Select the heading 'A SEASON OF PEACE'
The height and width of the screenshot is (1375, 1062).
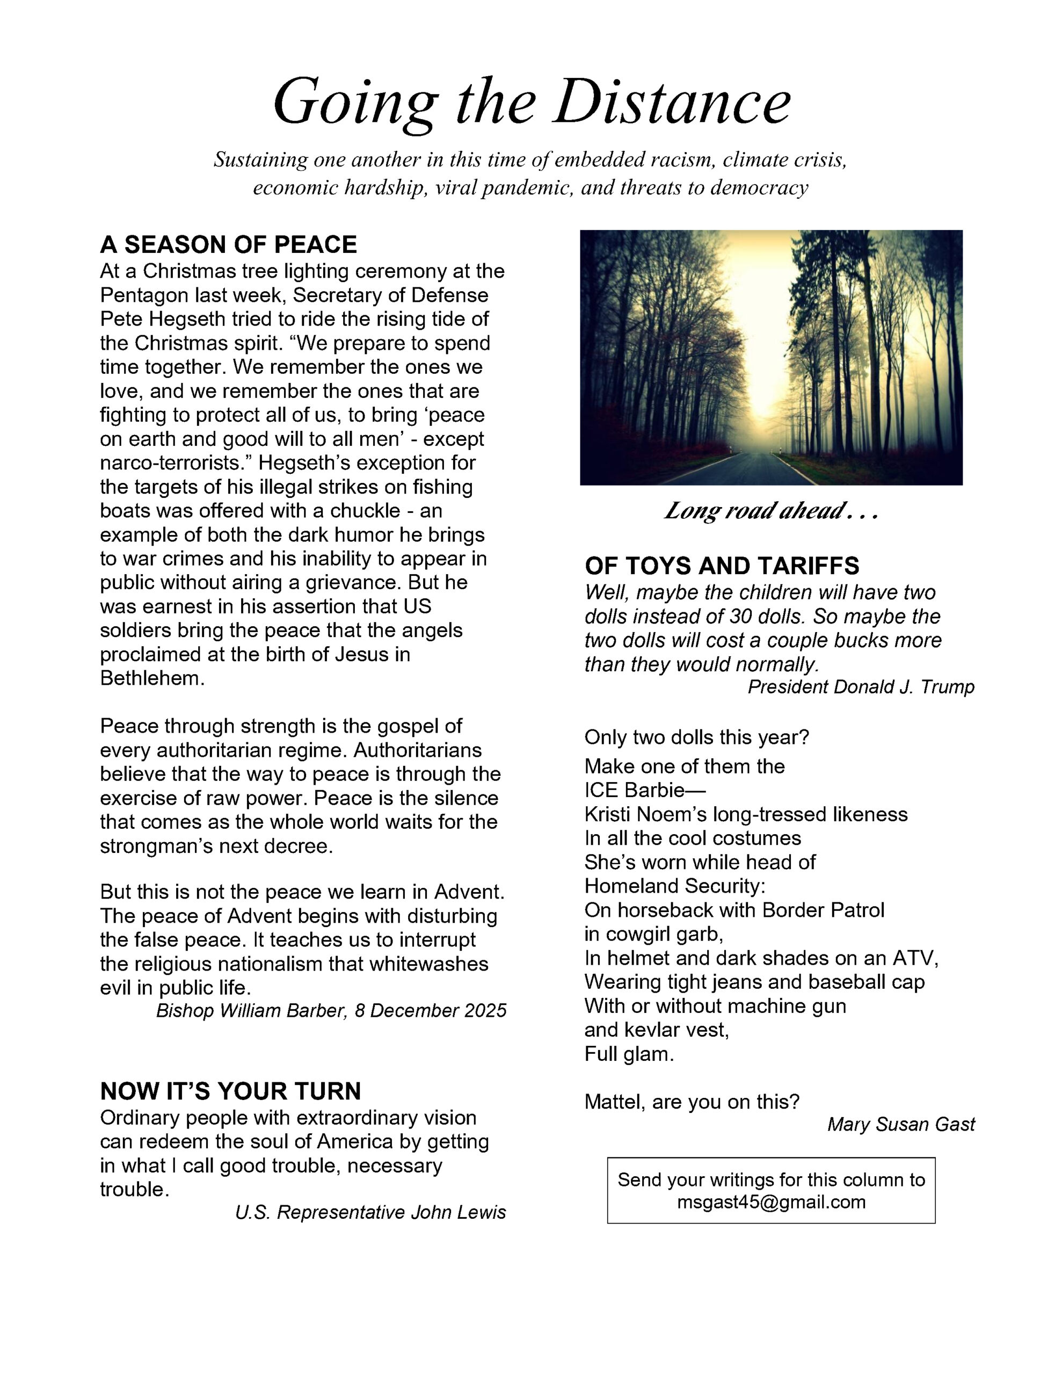pos(229,244)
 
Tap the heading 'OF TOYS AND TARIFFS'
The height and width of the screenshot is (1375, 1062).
pos(722,566)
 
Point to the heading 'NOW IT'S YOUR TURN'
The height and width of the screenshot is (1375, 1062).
pos(230,1091)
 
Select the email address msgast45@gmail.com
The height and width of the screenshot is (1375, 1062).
pos(770,1202)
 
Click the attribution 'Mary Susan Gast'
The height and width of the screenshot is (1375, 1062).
pos(900,1124)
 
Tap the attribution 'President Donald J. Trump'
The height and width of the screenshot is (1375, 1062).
pos(861,687)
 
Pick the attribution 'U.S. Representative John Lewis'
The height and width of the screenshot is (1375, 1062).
pos(370,1213)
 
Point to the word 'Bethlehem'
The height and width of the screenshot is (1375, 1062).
pos(152,679)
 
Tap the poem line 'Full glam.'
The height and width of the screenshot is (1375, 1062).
pos(629,1054)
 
